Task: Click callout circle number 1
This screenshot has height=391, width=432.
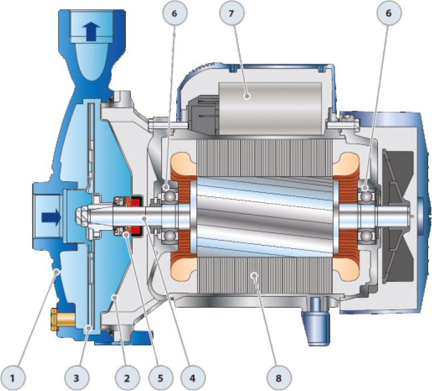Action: (x=12, y=378)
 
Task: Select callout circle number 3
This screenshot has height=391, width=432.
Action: (x=76, y=378)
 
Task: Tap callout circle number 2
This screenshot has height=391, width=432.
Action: (x=127, y=378)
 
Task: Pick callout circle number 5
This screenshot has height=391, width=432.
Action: (x=161, y=378)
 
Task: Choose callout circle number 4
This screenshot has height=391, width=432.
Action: (x=193, y=378)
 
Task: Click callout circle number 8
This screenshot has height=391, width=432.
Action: (x=279, y=378)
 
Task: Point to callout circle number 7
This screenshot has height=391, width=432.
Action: (x=232, y=13)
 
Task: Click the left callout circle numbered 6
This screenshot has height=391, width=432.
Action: (x=174, y=13)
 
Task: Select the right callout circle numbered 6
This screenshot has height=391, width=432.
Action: (x=389, y=13)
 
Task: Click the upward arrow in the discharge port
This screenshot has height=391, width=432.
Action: (x=91, y=31)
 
